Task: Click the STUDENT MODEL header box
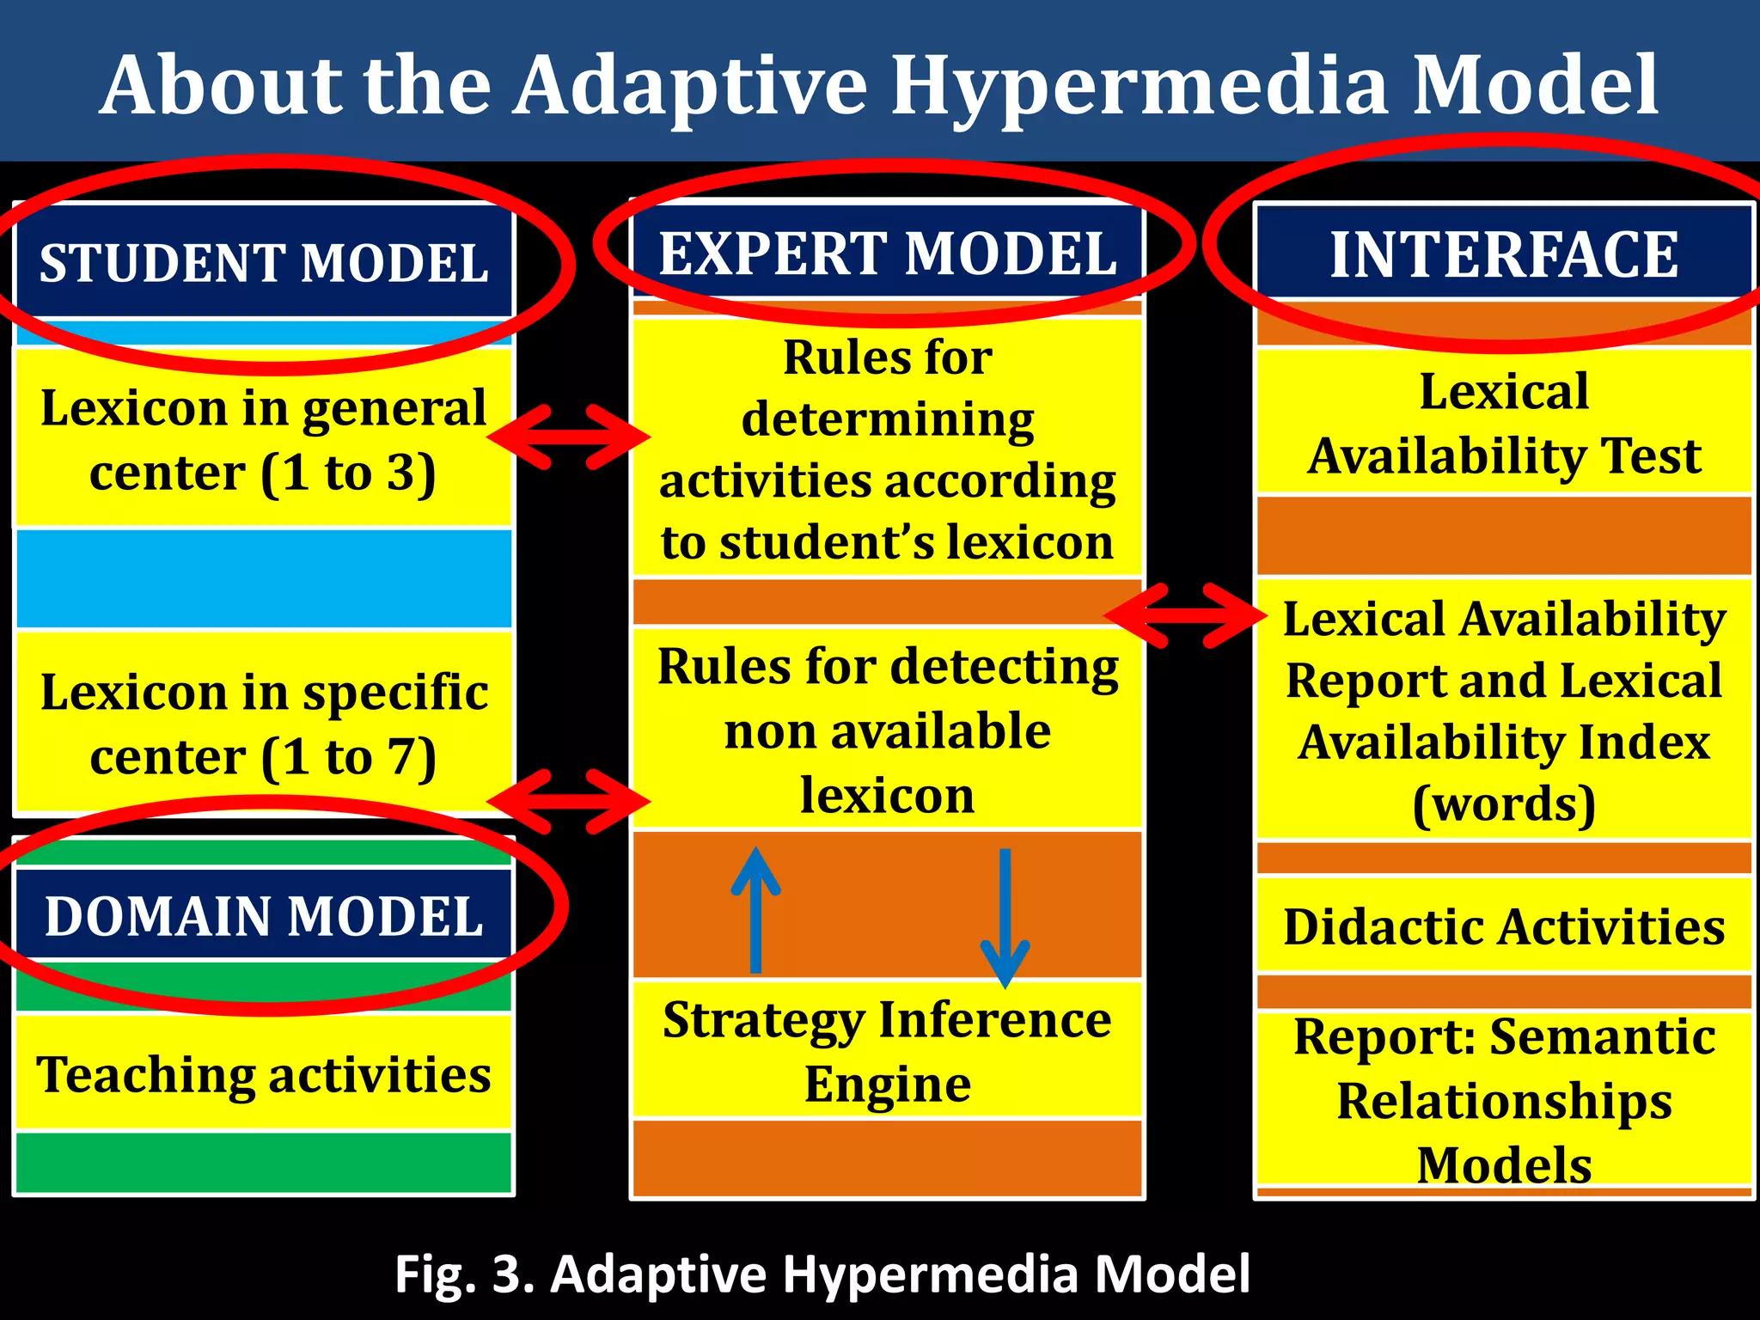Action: [x=264, y=262]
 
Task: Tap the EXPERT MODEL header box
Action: [x=887, y=253]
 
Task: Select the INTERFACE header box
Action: [x=1503, y=254]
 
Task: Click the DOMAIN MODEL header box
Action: [x=264, y=915]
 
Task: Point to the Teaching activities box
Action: [x=264, y=1073]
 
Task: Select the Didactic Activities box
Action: [x=1503, y=926]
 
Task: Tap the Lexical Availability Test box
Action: [x=1503, y=423]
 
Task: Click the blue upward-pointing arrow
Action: [x=755, y=911]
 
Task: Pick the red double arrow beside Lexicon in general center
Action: [x=569, y=437]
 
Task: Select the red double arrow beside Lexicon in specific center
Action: [x=569, y=801]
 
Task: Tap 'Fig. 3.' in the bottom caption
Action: [x=464, y=1274]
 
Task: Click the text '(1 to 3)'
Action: [x=348, y=473]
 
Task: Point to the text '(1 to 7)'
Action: [x=348, y=757]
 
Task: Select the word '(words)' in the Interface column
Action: [x=1503, y=804]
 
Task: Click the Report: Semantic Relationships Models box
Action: [x=1503, y=1100]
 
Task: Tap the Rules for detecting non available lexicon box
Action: [x=887, y=730]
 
